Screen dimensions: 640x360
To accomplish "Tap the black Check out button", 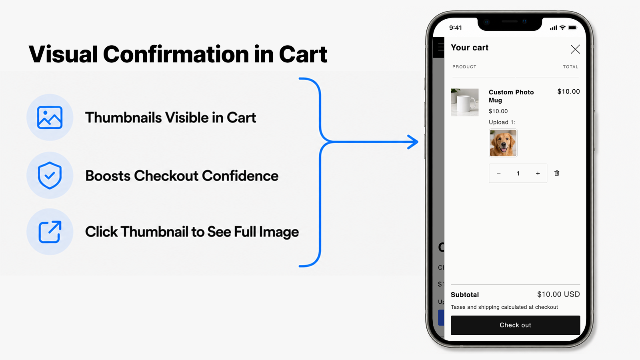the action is point(516,325).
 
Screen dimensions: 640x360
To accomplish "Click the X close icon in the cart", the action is point(575,49).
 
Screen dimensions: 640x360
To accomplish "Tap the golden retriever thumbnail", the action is point(503,143).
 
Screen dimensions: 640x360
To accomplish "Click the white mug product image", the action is point(464,102).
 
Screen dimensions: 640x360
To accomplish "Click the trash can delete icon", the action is point(557,173).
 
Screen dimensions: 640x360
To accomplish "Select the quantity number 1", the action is point(518,174).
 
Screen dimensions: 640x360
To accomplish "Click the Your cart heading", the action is point(470,48).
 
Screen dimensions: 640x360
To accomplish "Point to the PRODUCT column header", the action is point(464,67).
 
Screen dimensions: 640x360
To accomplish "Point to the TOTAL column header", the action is point(570,67).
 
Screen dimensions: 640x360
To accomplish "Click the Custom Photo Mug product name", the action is point(511,96).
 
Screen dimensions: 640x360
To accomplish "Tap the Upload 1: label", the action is point(502,122).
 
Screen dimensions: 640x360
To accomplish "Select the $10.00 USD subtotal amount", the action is point(558,294).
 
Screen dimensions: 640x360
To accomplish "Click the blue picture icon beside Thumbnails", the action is point(50,118).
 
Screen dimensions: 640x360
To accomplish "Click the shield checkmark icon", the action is point(50,175).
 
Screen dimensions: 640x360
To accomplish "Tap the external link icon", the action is point(50,232).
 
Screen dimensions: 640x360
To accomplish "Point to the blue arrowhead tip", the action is point(418,142).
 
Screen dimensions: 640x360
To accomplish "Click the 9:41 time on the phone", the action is point(456,28).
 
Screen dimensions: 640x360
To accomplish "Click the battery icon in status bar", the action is point(572,28).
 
